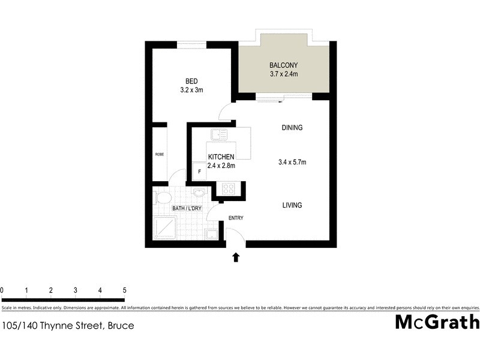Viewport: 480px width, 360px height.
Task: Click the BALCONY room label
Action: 284,65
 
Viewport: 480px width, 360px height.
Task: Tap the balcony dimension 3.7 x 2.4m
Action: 284,74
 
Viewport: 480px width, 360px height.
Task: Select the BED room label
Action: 191,82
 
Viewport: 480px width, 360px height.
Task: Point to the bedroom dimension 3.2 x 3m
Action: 191,91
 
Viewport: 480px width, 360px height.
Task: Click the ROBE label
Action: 160,154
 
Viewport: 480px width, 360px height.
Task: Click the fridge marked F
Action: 199,171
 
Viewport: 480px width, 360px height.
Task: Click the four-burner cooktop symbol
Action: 229,189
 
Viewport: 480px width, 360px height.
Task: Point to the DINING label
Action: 292,128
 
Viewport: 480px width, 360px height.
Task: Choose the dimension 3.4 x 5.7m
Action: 293,162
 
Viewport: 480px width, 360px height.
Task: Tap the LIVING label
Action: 292,205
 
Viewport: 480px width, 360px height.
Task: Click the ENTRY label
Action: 235,218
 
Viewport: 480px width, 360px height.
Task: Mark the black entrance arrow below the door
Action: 236,257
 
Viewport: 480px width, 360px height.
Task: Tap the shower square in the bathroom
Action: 165,228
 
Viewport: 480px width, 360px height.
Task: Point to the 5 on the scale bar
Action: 124,290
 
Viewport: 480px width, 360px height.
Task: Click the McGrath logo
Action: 437,322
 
